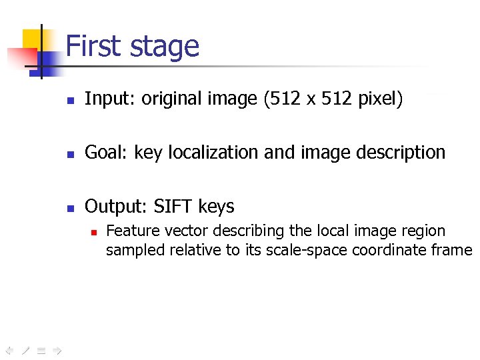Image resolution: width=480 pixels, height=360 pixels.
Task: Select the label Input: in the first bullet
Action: (x=109, y=99)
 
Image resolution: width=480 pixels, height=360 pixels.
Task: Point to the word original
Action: (x=169, y=99)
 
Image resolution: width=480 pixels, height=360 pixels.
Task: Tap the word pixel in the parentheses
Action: (x=379, y=99)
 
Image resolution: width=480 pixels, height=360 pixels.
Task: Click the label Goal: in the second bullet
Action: (x=107, y=153)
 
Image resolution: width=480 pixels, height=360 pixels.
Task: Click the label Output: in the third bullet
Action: (x=116, y=207)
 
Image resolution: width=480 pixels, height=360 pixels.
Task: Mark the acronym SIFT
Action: (x=171, y=207)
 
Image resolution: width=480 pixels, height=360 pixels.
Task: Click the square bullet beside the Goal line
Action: (x=69, y=154)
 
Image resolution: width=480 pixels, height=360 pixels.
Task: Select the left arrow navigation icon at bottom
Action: (x=9, y=349)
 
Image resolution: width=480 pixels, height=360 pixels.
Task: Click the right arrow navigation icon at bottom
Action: (x=57, y=349)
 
